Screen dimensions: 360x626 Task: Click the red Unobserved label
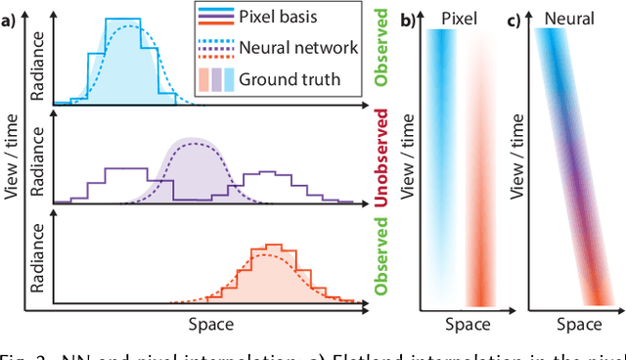[382, 158]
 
